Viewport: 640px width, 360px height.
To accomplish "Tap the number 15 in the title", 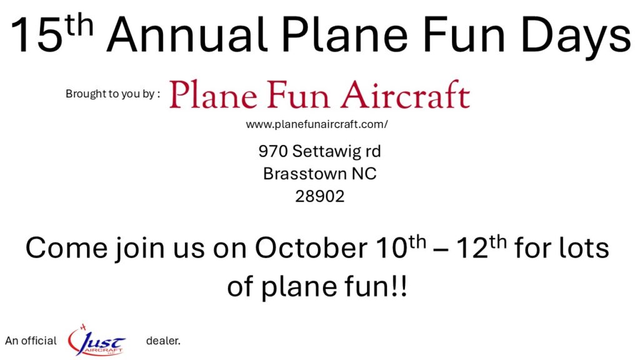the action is (x=37, y=36).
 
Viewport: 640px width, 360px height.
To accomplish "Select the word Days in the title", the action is (x=576, y=37).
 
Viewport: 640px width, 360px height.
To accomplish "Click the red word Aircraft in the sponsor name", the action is (x=406, y=95).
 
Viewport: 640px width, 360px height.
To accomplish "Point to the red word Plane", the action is (x=214, y=95).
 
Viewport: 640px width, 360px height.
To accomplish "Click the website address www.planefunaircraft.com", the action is (x=317, y=124).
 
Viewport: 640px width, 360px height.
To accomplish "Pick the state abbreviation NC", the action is (x=364, y=174).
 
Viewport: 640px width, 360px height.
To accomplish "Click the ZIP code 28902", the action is (x=320, y=196).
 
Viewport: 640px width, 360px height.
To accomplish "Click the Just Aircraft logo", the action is (x=96, y=340).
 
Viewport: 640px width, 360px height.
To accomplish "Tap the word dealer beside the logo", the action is (x=163, y=341).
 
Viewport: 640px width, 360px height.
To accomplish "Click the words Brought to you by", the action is (x=110, y=94).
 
